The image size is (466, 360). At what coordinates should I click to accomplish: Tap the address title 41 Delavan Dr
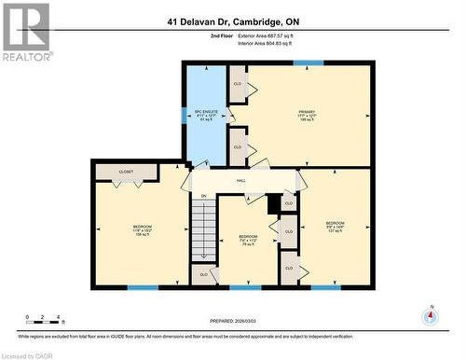[234, 21]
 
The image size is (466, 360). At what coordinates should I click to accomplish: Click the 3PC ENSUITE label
[203, 115]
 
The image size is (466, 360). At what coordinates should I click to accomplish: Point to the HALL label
[240, 181]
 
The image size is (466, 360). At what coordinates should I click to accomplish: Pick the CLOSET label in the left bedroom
[127, 173]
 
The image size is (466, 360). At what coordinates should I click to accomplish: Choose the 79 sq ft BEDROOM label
[248, 240]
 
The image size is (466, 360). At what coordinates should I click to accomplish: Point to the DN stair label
[203, 196]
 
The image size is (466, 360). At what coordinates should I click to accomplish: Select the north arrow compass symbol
[429, 315]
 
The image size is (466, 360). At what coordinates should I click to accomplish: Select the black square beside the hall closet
[274, 202]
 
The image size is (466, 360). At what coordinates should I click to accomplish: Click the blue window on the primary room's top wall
[302, 62]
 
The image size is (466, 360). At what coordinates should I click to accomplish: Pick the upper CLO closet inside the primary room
[240, 84]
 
